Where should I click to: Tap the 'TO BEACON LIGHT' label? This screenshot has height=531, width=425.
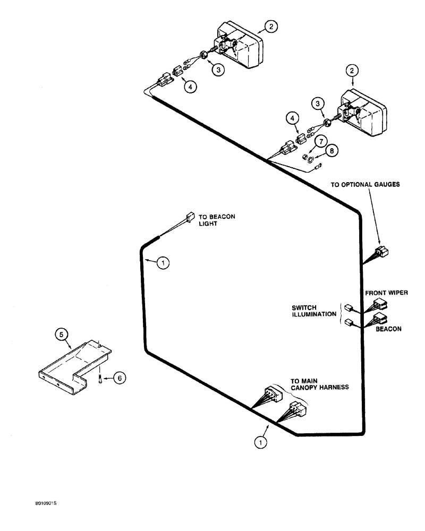click(216, 220)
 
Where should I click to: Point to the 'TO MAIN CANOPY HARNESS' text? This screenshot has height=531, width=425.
click(319, 384)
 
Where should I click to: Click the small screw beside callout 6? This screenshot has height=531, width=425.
click(100, 378)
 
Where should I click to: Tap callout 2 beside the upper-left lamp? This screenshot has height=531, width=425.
click(271, 27)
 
